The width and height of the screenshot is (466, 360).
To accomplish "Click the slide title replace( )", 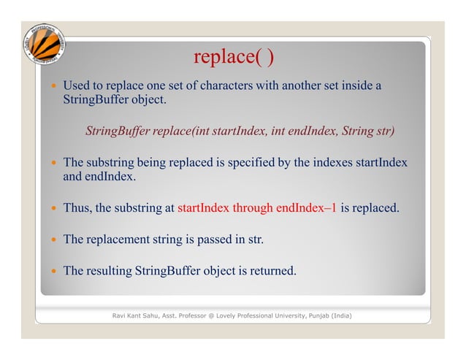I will point(234,56).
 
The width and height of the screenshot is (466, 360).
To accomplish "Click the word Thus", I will point(77,208).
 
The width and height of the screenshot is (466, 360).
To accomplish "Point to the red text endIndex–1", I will point(306,208).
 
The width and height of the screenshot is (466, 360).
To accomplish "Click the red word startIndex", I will point(203,208).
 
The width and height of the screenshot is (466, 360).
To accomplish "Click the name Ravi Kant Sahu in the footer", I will point(136,315).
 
